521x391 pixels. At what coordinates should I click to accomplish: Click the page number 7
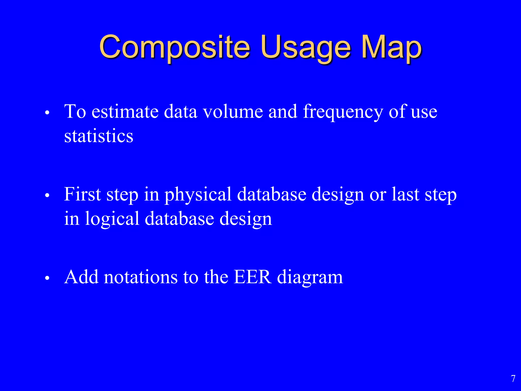(513, 379)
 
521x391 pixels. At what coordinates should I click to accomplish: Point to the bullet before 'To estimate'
(47, 113)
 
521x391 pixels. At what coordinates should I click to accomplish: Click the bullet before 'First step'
(47, 195)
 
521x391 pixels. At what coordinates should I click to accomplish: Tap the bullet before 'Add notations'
(47, 278)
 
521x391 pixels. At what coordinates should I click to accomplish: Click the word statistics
(99, 136)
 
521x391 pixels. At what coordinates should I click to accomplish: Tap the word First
(82, 194)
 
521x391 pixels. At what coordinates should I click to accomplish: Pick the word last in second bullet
(405, 194)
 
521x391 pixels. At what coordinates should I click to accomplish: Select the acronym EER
(252, 277)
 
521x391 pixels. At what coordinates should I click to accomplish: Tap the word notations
(141, 277)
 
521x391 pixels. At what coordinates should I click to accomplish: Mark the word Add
(81, 277)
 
